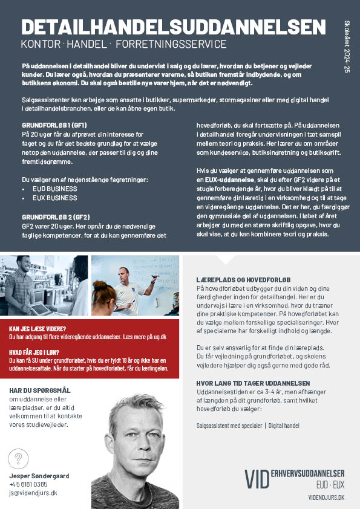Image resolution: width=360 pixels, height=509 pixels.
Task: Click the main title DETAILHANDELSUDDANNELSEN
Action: [x=172, y=27]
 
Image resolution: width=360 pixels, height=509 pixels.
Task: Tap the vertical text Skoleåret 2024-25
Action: [x=347, y=45]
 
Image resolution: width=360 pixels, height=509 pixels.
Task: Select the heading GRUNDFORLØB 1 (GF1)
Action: [x=54, y=125]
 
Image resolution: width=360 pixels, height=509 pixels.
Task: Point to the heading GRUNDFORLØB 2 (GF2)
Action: [x=56, y=216]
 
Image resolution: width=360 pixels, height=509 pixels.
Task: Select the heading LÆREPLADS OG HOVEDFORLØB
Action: [x=244, y=280]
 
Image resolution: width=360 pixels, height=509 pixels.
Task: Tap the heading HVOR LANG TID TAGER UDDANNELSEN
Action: [x=253, y=383]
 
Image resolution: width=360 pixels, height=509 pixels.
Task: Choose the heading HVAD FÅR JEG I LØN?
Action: [x=34, y=351]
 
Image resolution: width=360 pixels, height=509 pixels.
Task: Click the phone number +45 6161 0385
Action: [x=28, y=484]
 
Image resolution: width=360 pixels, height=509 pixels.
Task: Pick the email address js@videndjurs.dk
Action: [x=33, y=493]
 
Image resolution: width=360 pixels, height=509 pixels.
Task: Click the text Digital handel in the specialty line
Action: [x=284, y=426]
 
